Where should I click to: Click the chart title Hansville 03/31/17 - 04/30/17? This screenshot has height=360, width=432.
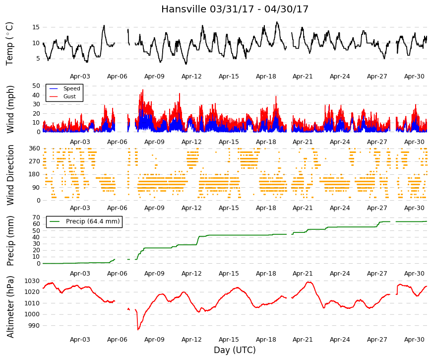tap(235, 9)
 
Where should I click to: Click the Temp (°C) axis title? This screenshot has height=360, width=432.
tap(9, 44)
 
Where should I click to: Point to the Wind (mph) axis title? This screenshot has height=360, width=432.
tap(10, 110)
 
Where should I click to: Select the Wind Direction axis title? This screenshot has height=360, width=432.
tap(10, 175)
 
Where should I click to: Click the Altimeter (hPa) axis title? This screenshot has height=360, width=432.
tap(10, 307)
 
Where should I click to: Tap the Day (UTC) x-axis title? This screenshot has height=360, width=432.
tap(235, 350)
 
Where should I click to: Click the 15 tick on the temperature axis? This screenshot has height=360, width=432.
tap(36, 27)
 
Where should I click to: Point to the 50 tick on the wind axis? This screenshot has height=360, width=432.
tap(36, 86)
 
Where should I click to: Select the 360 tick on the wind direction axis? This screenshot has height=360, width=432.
tap(34, 148)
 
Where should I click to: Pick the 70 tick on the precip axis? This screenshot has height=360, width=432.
tap(36, 217)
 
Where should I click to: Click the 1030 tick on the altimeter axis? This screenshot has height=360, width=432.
tap(32, 281)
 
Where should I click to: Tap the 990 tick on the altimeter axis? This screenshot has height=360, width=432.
tap(34, 326)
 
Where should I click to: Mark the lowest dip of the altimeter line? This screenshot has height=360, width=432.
tap(138, 329)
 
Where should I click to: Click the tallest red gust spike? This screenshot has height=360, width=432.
tap(143, 90)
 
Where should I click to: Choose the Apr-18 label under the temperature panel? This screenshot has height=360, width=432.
tap(266, 76)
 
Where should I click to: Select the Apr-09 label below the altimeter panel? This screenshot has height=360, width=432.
tap(154, 340)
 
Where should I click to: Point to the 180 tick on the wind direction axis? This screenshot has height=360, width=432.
tap(34, 175)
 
